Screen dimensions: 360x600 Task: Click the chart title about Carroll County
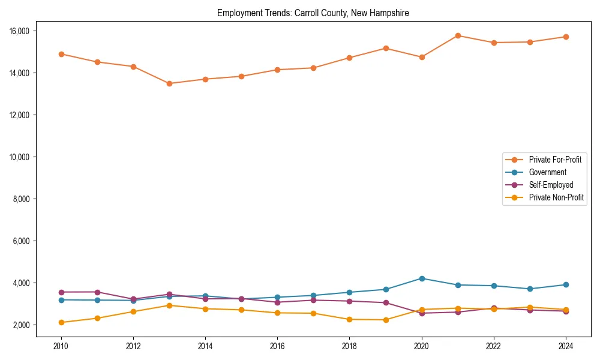click(313, 13)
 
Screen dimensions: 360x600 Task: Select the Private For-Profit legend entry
click(555, 160)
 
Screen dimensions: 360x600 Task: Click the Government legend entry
click(547, 172)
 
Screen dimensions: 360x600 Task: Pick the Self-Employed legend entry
click(551, 185)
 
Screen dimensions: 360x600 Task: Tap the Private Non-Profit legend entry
click(556, 197)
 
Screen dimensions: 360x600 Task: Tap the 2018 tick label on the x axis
click(349, 346)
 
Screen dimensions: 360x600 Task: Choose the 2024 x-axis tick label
click(565, 346)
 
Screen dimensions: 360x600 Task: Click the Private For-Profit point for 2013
click(169, 83)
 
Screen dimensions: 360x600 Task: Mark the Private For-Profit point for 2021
click(458, 35)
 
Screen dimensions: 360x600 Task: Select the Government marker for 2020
click(422, 278)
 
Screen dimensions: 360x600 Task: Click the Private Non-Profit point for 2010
click(61, 322)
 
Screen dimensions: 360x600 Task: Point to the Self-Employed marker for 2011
click(97, 292)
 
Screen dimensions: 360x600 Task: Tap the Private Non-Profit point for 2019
click(386, 320)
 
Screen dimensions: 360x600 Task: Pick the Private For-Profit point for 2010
click(61, 54)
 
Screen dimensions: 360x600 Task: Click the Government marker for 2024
click(566, 284)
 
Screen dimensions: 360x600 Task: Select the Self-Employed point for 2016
click(277, 302)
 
